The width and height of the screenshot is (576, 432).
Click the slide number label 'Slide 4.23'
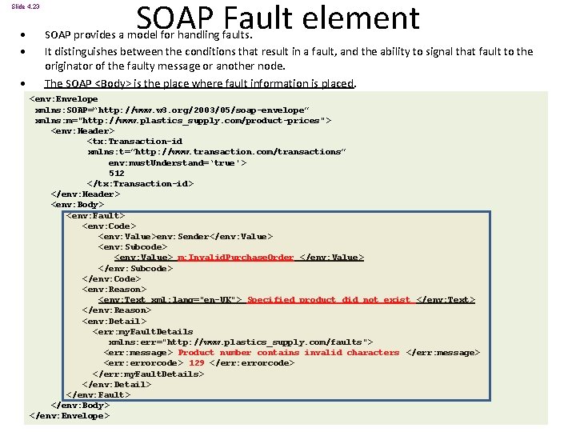25,6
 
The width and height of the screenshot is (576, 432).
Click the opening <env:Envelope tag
63,99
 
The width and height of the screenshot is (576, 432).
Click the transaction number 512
117,173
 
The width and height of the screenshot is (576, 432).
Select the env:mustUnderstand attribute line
177,162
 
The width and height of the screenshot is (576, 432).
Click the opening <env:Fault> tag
95,215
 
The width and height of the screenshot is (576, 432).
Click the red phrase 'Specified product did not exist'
329,300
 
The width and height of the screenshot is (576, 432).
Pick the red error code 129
196,363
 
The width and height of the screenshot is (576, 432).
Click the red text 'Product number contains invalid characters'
289,353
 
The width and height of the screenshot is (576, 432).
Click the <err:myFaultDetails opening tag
143,331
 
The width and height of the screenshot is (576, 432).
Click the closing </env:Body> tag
80,406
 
